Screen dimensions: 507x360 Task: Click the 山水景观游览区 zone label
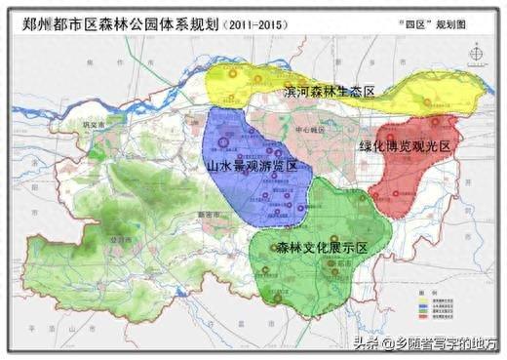pos(252,167)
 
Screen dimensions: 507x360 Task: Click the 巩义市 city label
pos(94,127)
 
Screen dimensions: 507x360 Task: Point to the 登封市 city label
pos(119,237)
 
